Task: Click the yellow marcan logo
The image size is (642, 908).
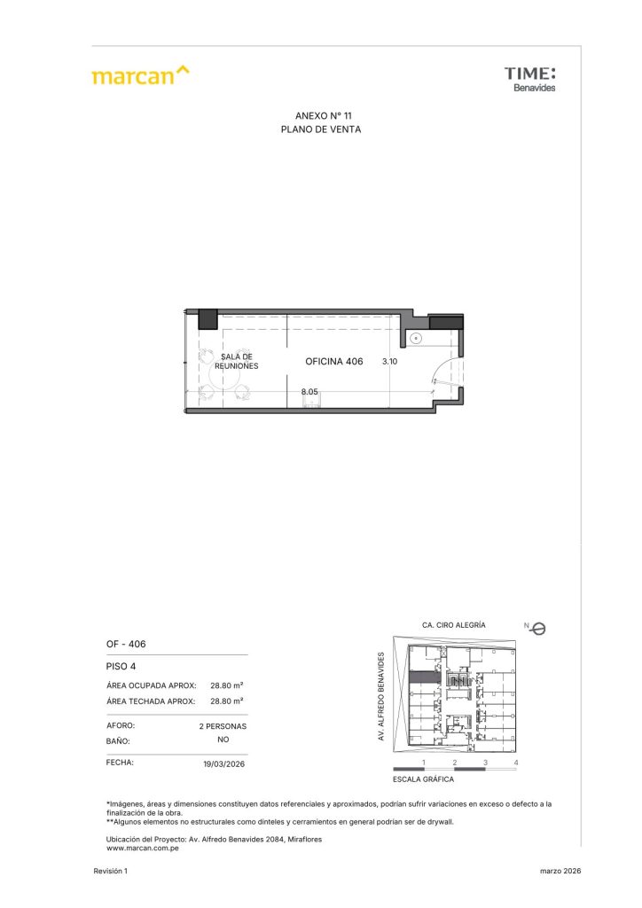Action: point(141,75)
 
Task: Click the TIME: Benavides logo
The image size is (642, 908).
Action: point(529,79)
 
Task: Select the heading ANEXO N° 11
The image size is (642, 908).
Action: point(323,116)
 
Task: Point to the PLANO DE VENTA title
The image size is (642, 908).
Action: point(321,129)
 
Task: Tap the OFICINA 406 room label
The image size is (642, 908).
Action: point(334,362)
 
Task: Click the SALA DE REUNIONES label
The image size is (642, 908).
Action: point(236,362)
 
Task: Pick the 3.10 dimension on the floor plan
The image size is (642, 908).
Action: point(389,362)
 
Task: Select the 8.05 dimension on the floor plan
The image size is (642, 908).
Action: point(309,391)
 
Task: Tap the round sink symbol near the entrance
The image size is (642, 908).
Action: point(416,338)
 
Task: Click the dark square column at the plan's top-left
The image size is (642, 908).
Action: point(207,319)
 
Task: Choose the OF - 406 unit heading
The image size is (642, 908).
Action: point(126,644)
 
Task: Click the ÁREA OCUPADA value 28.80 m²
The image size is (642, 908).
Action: point(227,685)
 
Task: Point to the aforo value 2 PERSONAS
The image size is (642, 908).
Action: point(223,726)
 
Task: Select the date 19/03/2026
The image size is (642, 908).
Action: point(224,763)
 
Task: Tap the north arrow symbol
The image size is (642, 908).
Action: point(538,629)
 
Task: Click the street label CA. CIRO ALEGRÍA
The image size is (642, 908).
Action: point(454,625)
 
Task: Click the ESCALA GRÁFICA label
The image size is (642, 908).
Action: point(423,779)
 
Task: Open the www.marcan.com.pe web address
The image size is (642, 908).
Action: point(143,849)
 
